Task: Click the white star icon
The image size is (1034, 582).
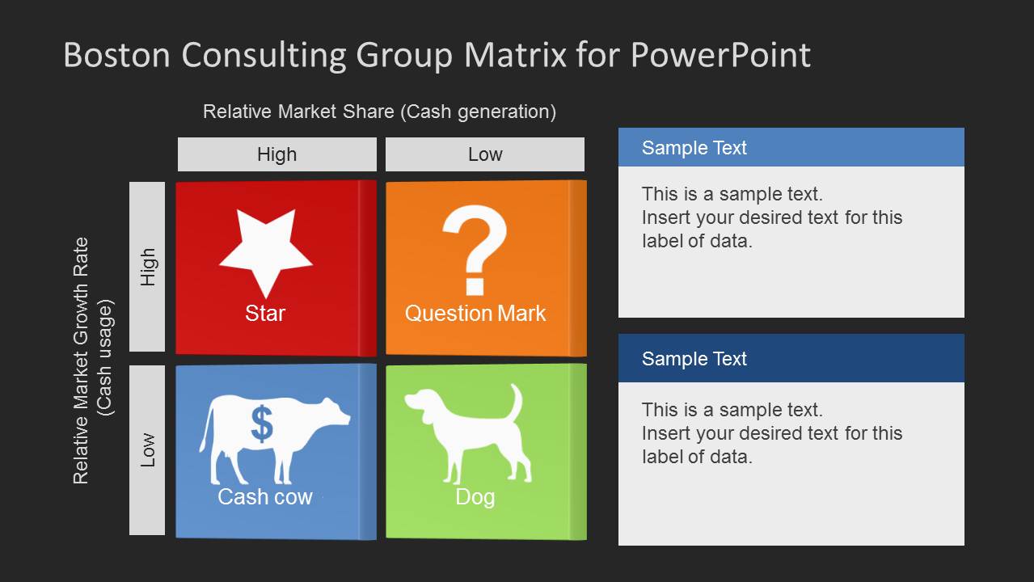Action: coord(265,251)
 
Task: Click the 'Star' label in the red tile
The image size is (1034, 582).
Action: coord(265,314)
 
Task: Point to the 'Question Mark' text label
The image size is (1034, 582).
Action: coord(475,314)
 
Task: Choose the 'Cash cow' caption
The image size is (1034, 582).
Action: coord(265,496)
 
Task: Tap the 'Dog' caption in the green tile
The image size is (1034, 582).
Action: coord(475,496)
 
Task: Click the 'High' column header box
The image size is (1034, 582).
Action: coord(276,154)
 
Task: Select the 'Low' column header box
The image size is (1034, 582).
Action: coord(485,154)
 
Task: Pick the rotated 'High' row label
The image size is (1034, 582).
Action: coord(147,267)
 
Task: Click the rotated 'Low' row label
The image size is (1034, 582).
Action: coord(147,450)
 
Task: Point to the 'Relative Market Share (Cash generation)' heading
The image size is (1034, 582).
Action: coord(379,112)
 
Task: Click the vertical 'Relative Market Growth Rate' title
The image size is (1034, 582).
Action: coord(81,361)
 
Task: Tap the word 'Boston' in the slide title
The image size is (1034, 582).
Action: coord(116,56)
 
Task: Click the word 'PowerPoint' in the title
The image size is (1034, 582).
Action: coord(720,56)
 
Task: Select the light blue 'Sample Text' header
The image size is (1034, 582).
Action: coord(791,148)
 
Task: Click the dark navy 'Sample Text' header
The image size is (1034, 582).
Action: coord(791,359)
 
